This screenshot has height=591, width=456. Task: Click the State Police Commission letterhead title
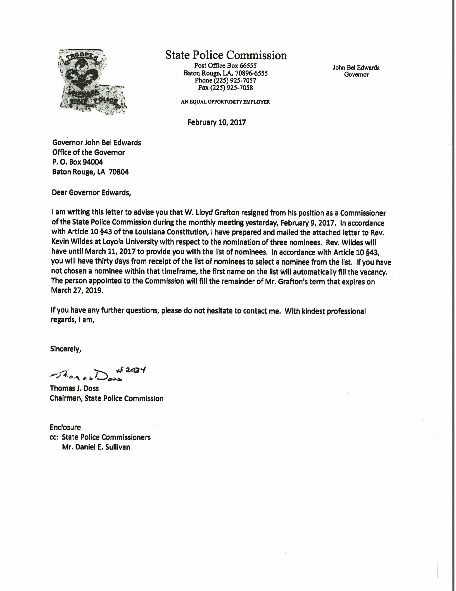point(226,55)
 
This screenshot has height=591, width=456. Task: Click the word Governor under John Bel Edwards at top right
point(356,75)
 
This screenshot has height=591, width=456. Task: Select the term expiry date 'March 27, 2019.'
point(77,291)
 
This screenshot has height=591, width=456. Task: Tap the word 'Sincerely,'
point(66,349)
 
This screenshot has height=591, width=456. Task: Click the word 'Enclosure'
point(65,427)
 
